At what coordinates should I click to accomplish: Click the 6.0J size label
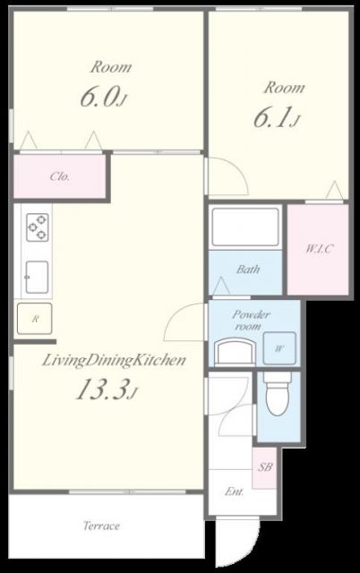(103, 97)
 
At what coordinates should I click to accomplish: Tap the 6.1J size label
(277, 117)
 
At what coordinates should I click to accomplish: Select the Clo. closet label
(60, 177)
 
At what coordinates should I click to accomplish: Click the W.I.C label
(319, 249)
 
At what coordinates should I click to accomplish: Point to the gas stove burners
(38, 227)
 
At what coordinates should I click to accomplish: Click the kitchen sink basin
(37, 277)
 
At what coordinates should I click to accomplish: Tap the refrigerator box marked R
(35, 319)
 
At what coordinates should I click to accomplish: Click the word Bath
(248, 269)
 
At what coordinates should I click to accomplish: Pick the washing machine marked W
(279, 348)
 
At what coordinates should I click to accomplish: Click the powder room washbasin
(235, 351)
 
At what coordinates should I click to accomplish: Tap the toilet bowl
(279, 395)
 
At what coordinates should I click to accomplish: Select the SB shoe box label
(265, 466)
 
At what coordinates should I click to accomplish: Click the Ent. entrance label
(234, 492)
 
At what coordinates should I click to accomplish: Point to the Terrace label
(101, 526)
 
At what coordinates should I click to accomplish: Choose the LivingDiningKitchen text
(114, 361)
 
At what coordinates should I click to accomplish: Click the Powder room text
(251, 320)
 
